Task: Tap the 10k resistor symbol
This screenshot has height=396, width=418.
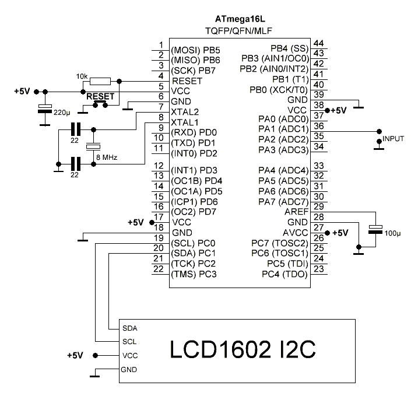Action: pos(100,81)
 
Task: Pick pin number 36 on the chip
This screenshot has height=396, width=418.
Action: pos(318,126)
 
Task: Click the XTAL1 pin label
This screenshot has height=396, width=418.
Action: pos(185,122)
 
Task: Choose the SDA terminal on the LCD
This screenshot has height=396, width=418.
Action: pos(130,328)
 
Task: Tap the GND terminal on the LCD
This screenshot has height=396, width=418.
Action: pos(129,370)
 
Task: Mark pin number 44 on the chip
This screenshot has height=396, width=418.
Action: pos(318,44)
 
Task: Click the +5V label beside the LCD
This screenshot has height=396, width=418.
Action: pos(75,355)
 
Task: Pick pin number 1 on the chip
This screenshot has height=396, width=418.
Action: pos(160,45)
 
